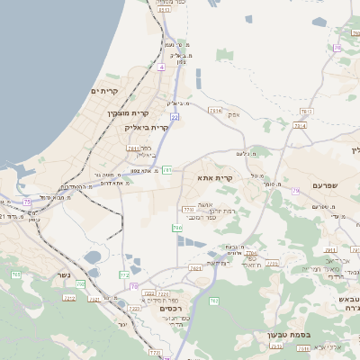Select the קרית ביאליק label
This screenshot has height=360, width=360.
click(147, 128)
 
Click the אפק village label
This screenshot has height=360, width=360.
click(233, 114)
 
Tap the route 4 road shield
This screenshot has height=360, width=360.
click(161, 68)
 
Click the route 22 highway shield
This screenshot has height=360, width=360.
click(175, 116)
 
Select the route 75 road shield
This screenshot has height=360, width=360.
click(28, 202)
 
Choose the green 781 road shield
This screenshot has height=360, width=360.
click(167, 169)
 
